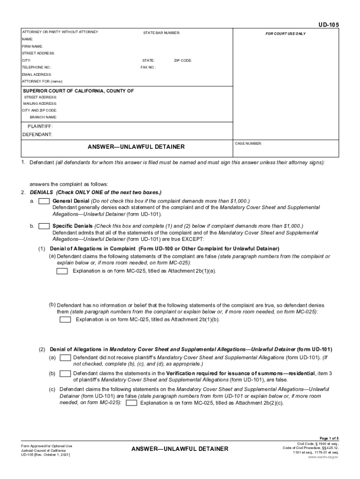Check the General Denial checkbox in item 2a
(x=44, y=201)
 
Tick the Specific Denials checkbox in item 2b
(x=44, y=226)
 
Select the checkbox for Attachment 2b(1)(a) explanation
(x=62, y=271)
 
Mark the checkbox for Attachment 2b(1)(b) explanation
(x=65, y=319)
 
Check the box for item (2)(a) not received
(x=65, y=357)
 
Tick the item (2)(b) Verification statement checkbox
(x=65, y=373)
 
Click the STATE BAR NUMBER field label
(x=161, y=33)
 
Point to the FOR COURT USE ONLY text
(x=286, y=34)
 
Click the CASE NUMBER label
(x=249, y=144)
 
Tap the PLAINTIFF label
(x=40, y=127)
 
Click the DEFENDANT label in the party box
(x=37, y=134)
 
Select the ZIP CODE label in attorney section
(x=183, y=61)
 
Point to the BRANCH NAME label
(x=43, y=117)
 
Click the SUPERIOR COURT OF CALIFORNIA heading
(x=79, y=91)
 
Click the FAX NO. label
(x=148, y=67)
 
